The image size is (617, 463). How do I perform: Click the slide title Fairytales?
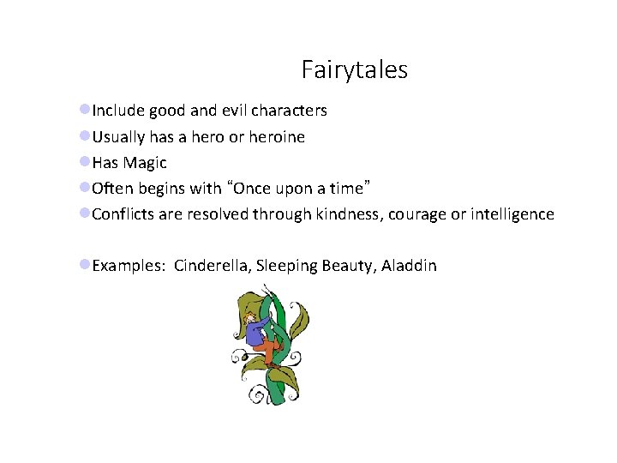pyautogui.click(x=354, y=69)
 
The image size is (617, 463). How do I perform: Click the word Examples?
pyautogui.click(x=129, y=267)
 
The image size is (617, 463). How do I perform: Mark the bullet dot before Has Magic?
pyautogui.click(x=85, y=162)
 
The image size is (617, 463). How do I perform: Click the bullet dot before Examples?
pyautogui.click(x=85, y=265)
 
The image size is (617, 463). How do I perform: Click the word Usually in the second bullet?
pyautogui.click(x=121, y=137)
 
